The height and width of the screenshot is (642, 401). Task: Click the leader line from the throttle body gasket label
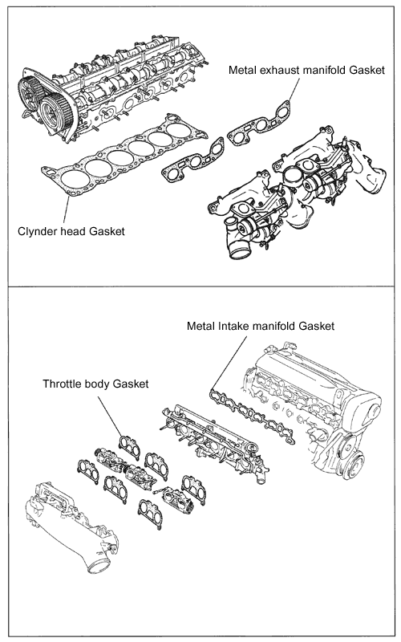point(116,412)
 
